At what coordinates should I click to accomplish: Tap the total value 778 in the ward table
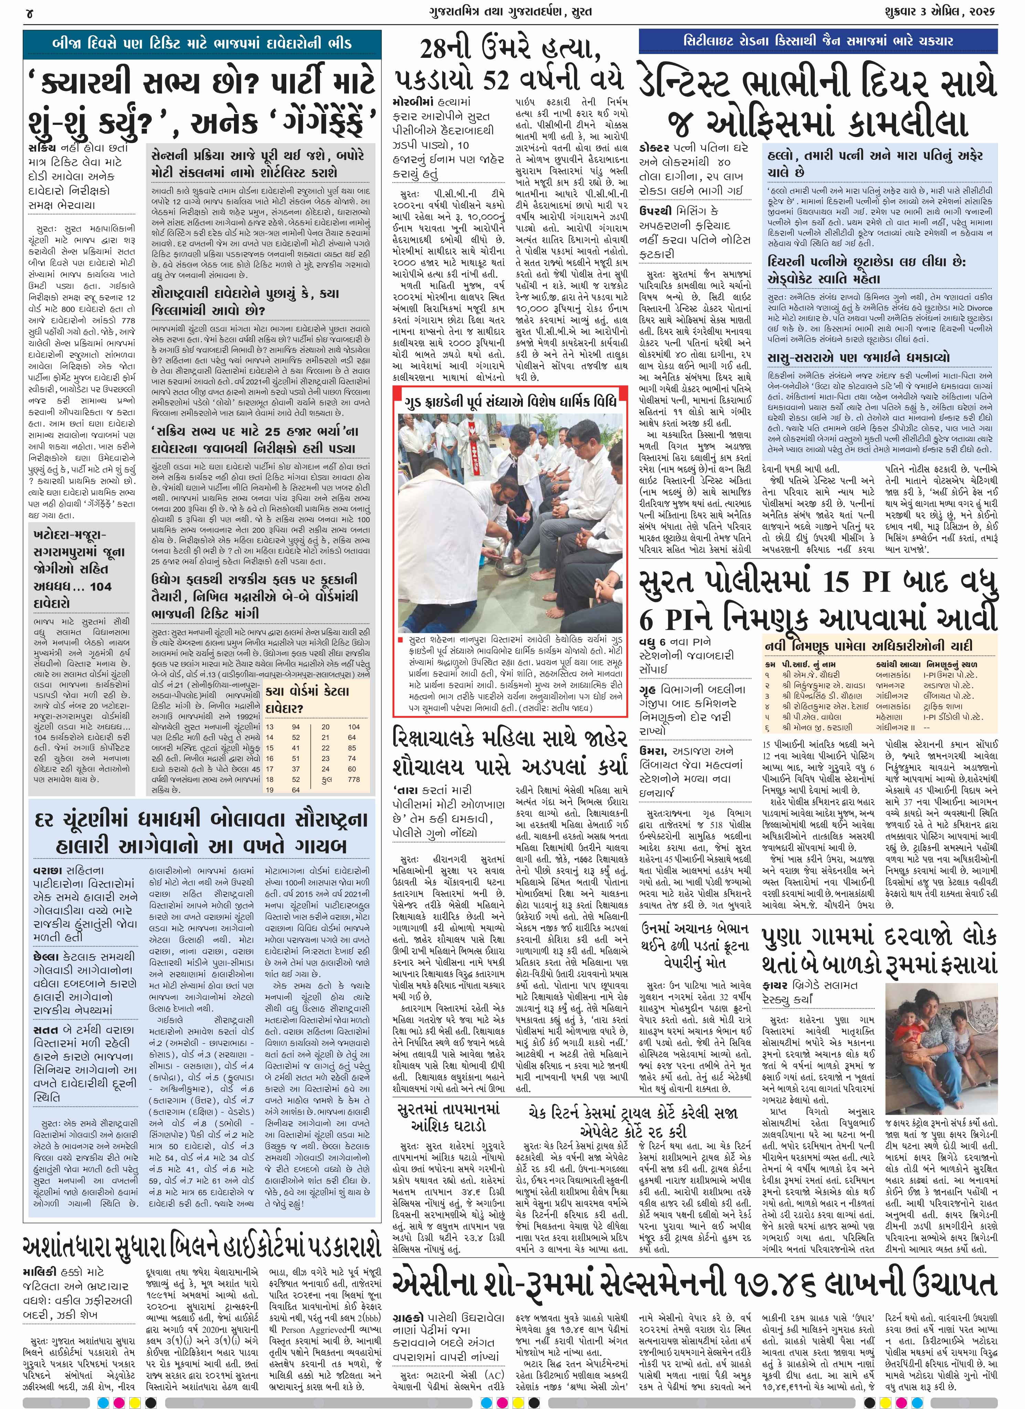(353, 779)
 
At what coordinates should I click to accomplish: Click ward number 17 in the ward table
(270, 769)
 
